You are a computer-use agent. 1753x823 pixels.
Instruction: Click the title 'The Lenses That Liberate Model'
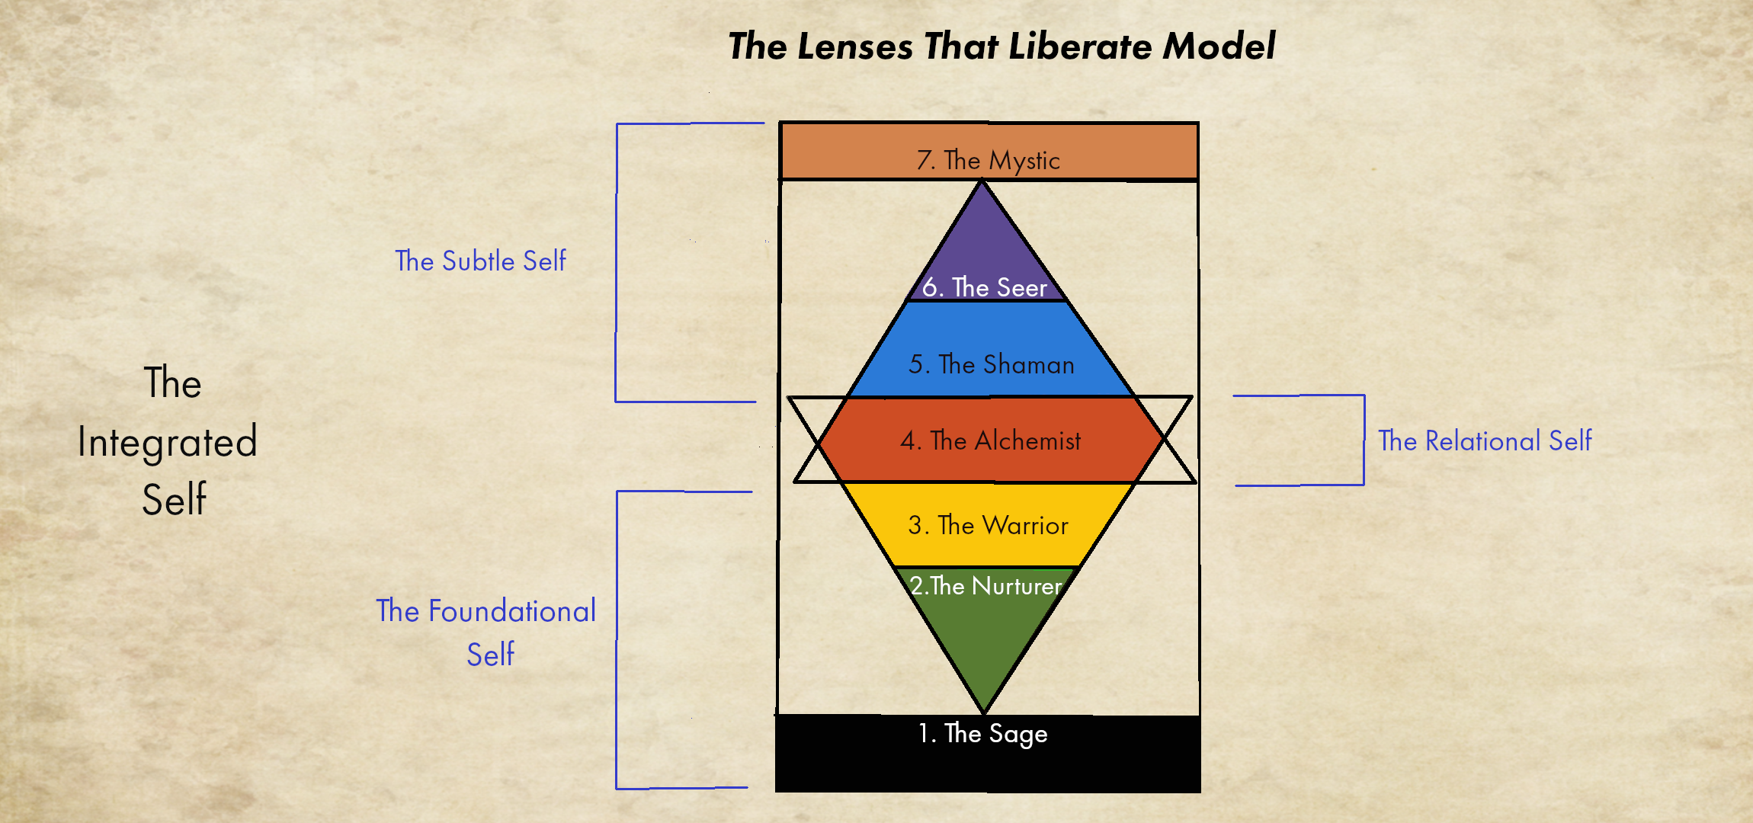click(x=1001, y=46)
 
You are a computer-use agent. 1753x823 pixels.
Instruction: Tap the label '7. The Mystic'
click(x=988, y=160)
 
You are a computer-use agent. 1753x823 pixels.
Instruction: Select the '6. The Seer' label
click(x=985, y=287)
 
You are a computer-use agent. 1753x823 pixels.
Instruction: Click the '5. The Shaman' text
click(x=991, y=364)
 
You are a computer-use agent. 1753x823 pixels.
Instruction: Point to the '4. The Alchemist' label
click(x=990, y=440)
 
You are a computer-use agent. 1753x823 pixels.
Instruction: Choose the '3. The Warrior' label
click(x=988, y=525)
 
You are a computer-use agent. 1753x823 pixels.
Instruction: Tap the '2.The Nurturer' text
click(x=985, y=585)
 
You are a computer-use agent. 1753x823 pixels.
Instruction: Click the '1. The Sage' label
click(x=982, y=733)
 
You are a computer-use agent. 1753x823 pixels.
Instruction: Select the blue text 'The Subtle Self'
click(x=480, y=261)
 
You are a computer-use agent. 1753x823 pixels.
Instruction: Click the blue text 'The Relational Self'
click(x=1485, y=440)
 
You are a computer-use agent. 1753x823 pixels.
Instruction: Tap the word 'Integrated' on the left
click(x=168, y=442)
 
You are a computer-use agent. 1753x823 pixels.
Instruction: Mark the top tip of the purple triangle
click(x=982, y=183)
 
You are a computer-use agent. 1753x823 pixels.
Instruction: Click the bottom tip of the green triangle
click(x=984, y=710)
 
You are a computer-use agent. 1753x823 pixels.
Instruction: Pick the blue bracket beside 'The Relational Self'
click(x=1364, y=440)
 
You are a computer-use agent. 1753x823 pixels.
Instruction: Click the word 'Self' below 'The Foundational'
click(x=490, y=655)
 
